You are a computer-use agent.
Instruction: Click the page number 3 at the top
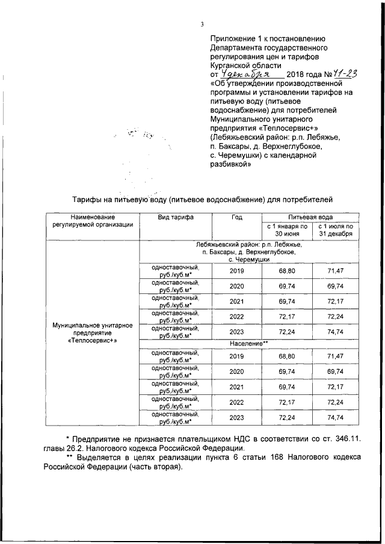click(x=202, y=24)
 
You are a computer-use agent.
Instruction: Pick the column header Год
click(x=236, y=218)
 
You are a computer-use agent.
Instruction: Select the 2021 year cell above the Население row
click(x=236, y=301)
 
